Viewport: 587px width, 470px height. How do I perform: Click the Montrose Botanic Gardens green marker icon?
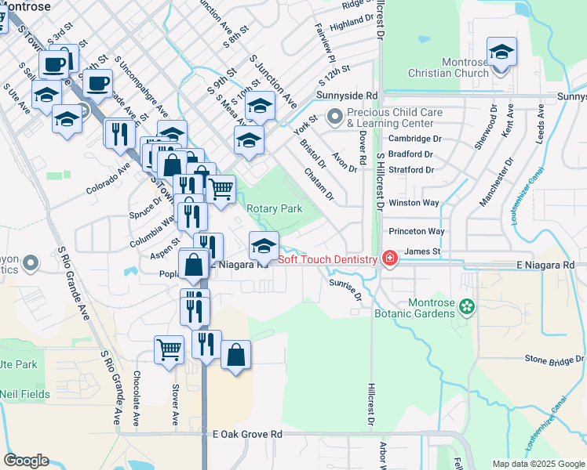(x=468, y=306)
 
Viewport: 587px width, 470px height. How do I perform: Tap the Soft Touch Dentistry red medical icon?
(x=388, y=258)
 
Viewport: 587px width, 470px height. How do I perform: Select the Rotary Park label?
(x=275, y=209)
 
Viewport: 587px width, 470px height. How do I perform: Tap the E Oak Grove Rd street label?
(x=246, y=433)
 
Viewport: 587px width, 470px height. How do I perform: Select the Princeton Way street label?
(x=417, y=232)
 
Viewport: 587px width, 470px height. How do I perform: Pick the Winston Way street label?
(x=414, y=203)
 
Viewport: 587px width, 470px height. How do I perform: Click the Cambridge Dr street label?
(x=416, y=139)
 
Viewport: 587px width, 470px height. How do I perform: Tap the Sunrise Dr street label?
(x=345, y=289)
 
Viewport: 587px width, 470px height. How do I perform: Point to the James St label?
(x=422, y=251)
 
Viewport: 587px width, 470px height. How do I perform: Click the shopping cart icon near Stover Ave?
(x=170, y=349)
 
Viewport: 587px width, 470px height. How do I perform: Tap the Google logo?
(x=26, y=461)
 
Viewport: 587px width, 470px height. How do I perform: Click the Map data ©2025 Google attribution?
(x=538, y=464)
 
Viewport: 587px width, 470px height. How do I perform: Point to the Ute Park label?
(x=17, y=365)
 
